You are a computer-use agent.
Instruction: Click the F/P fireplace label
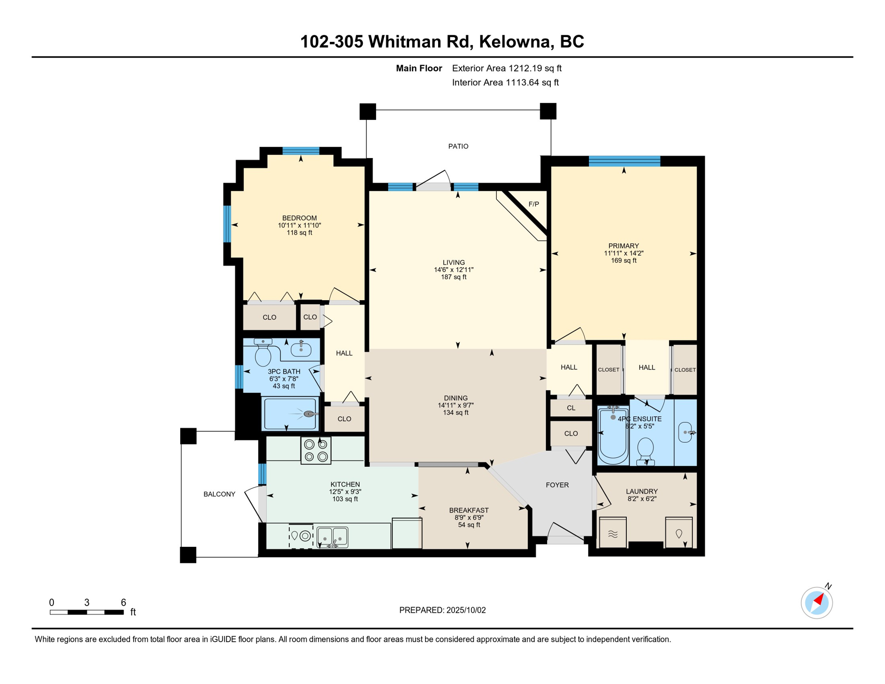click(534, 204)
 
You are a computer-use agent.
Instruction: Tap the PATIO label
click(458, 147)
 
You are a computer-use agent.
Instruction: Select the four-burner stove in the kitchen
click(316, 451)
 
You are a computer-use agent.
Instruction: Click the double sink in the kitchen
click(332, 537)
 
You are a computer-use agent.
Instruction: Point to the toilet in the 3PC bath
click(263, 352)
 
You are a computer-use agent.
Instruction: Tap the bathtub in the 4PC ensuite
click(613, 435)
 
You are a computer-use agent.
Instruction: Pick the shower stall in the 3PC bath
click(290, 414)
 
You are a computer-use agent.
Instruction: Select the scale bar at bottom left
click(87, 612)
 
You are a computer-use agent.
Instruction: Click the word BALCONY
click(219, 494)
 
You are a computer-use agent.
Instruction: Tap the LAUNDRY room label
click(641, 492)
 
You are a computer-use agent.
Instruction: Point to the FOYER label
click(557, 485)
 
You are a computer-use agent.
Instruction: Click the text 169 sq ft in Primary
click(624, 261)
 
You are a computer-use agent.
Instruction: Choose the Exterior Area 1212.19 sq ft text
click(507, 68)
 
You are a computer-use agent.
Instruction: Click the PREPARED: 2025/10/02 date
click(442, 610)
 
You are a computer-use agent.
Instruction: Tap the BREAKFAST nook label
click(469, 510)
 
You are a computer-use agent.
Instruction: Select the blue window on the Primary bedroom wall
click(624, 161)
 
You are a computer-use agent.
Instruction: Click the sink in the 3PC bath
click(301, 349)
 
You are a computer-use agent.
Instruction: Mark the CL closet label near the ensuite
click(571, 408)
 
